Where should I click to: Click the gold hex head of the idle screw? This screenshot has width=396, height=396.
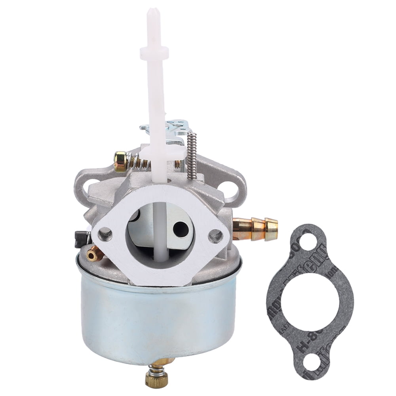pyautogui.click(x=120, y=161)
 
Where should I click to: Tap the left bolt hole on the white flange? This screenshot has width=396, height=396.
pyautogui.click(x=105, y=234)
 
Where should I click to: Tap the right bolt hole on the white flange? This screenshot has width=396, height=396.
pyautogui.click(x=215, y=236)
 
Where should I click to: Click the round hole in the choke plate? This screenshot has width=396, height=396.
pyautogui.click(x=181, y=229)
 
